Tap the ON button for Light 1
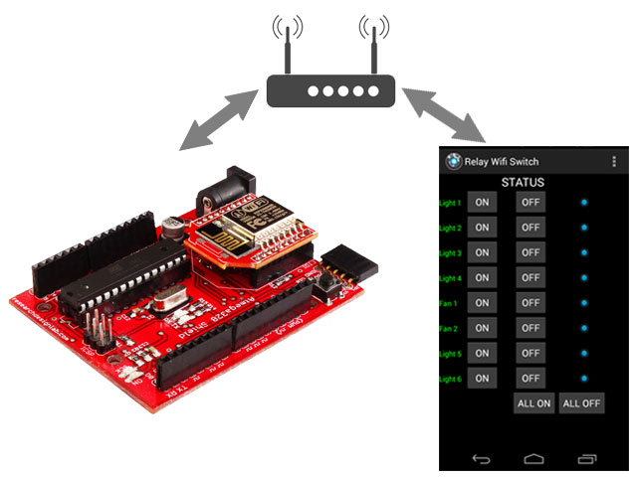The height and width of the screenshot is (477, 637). click(x=482, y=203)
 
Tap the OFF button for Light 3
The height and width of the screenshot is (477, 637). click(x=531, y=252)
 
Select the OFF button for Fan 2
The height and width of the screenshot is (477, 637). click(x=531, y=328)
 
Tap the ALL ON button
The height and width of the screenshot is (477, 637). click(x=533, y=403)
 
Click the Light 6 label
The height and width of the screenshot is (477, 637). click(x=450, y=379)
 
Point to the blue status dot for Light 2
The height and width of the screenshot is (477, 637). click(x=584, y=228)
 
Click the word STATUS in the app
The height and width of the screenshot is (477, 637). click(x=523, y=183)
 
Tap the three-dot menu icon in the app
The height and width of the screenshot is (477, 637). click(x=613, y=161)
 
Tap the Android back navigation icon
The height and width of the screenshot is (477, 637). click(x=481, y=458)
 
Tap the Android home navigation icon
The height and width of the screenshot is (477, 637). click(x=533, y=458)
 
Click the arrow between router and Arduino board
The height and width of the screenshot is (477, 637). click(x=218, y=118)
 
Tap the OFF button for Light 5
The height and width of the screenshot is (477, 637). click(x=531, y=353)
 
